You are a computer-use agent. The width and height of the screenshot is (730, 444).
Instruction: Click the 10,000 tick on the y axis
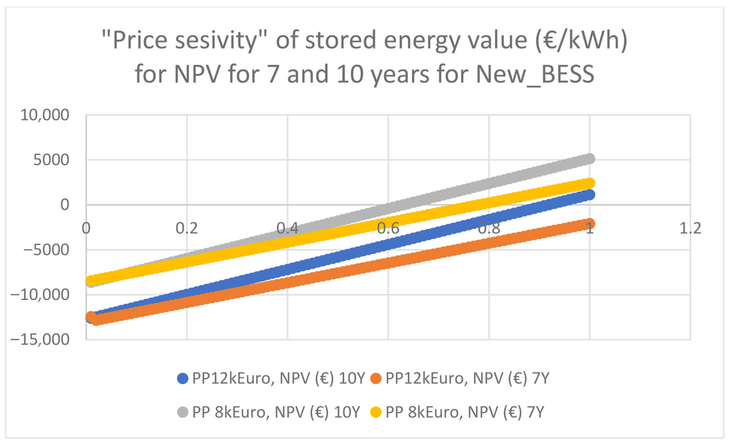pos(45,115)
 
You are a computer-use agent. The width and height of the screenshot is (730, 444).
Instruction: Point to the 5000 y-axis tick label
pos(51,160)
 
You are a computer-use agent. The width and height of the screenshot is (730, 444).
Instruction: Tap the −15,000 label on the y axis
pos(40,339)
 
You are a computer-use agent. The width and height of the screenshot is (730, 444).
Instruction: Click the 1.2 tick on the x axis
pos(690,228)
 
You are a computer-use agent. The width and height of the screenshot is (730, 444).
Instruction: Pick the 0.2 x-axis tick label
pos(187,228)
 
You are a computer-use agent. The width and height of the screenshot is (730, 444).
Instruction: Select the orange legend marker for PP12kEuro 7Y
pos(376,379)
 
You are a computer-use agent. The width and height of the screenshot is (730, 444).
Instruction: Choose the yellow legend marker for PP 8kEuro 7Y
pos(376,412)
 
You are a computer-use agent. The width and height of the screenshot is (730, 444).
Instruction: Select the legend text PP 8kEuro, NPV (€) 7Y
pos(465,412)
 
